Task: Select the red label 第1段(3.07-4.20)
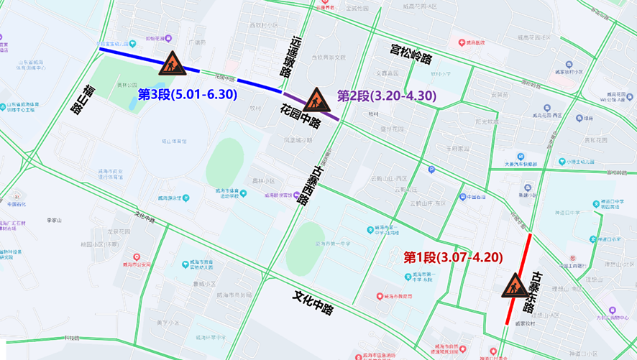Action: tap(452, 257)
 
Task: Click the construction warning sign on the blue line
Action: tap(172, 63)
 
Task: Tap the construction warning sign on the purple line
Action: tap(316, 100)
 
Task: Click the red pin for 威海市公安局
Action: tap(137, 257)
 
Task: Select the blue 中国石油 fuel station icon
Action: tap(462, 197)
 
